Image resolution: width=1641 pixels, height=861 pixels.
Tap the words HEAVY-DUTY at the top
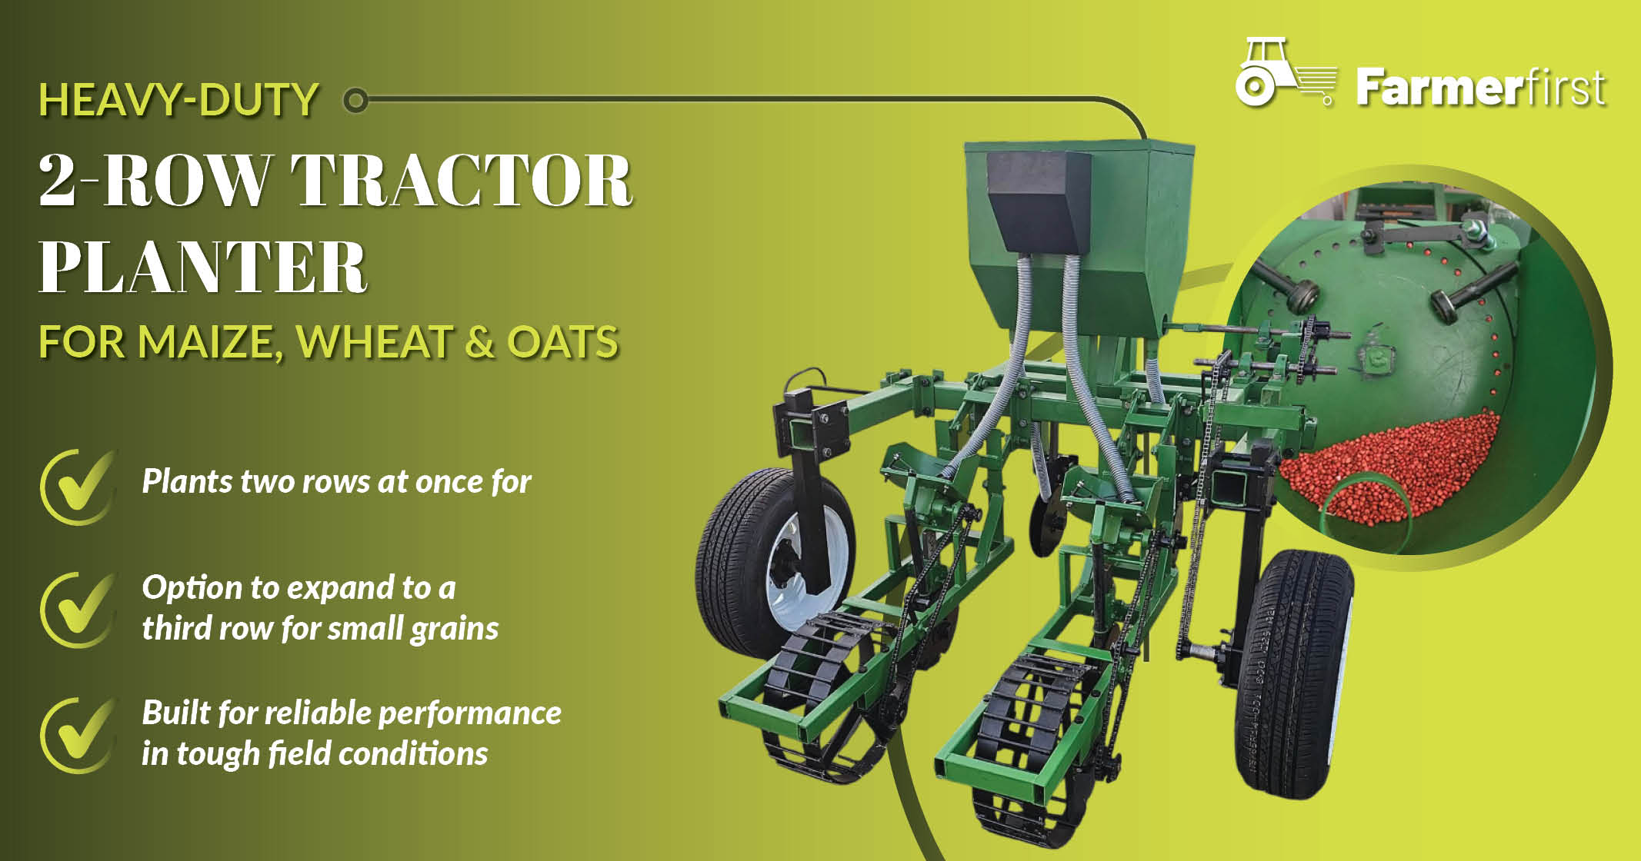coord(178,100)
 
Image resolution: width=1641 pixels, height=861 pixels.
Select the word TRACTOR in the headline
coord(462,181)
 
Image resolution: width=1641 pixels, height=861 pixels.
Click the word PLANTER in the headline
coord(203,267)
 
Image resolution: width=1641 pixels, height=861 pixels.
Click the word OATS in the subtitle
coord(562,342)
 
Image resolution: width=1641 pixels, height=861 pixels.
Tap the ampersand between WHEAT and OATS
coord(479,342)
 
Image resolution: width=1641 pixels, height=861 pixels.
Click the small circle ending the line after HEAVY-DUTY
coord(355,100)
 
